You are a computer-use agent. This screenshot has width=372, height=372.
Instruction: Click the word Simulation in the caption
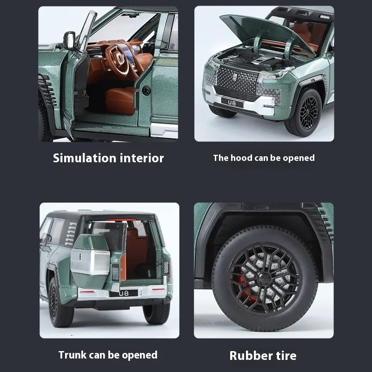pyautogui.click(x=85, y=158)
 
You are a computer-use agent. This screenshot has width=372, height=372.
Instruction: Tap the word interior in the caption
pyautogui.click(x=142, y=158)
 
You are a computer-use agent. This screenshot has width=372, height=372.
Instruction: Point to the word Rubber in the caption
pyautogui.click(x=251, y=356)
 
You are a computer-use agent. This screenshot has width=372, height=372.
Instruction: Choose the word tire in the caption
pyautogui.click(x=286, y=356)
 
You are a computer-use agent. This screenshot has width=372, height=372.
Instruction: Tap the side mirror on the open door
pyautogui.click(x=69, y=40)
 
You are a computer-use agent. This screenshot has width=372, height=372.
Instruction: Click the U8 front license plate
pyautogui.click(x=232, y=102)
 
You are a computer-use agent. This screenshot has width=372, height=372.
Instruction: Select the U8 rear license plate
pyautogui.click(x=124, y=293)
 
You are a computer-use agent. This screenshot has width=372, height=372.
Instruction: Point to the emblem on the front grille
pyautogui.click(x=235, y=77)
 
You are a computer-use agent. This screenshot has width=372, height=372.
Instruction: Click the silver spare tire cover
pyautogui.click(x=91, y=261)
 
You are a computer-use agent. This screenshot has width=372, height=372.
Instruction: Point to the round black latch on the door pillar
pyautogui.click(x=146, y=91)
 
